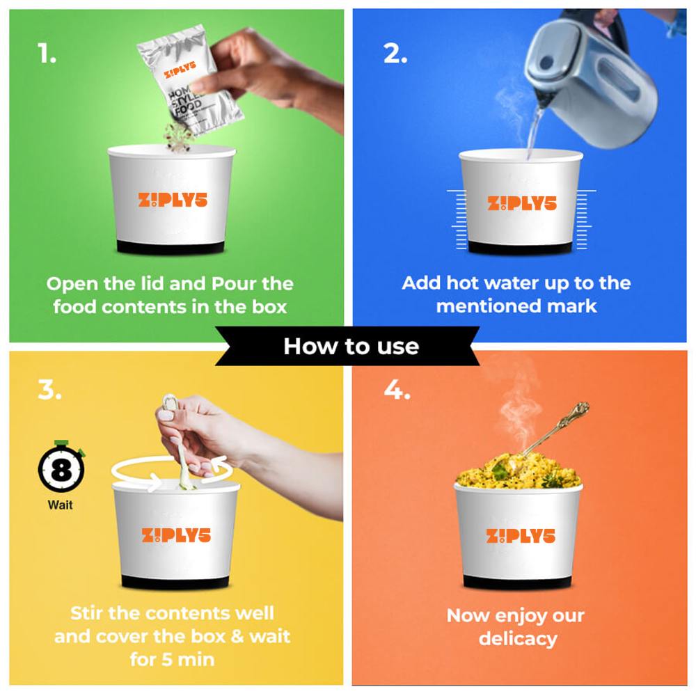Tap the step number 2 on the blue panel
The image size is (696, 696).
[395, 54]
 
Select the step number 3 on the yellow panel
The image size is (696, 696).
[49, 390]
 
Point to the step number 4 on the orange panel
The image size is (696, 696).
[397, 390]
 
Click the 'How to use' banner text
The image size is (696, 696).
[351, 346]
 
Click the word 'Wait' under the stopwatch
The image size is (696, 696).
[61, 505]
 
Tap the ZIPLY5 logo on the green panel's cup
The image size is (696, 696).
[173, 200]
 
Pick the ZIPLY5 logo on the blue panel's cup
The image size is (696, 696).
[522, 203]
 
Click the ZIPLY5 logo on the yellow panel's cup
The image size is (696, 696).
[176, 535]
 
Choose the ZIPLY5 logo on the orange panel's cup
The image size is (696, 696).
[521, 536]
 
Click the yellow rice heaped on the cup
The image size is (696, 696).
[518, 471]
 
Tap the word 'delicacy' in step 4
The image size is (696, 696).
[518, 639]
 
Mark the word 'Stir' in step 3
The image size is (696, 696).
[86, 613]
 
